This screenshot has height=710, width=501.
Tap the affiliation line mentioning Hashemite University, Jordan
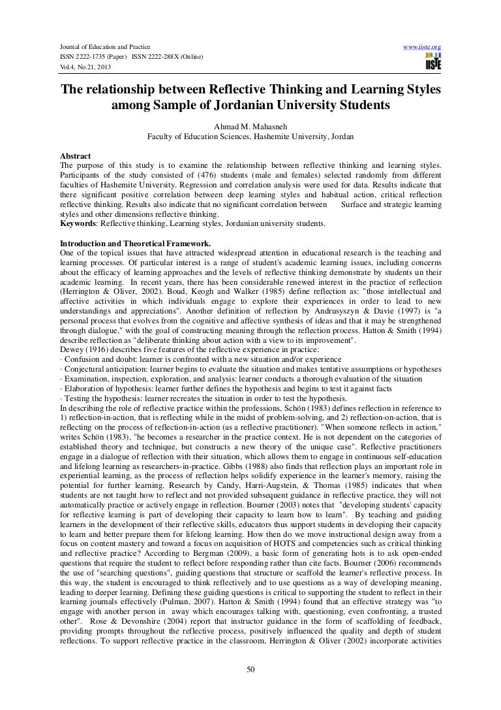pos(250,137)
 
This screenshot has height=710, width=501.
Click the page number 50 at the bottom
pos(250,687)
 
